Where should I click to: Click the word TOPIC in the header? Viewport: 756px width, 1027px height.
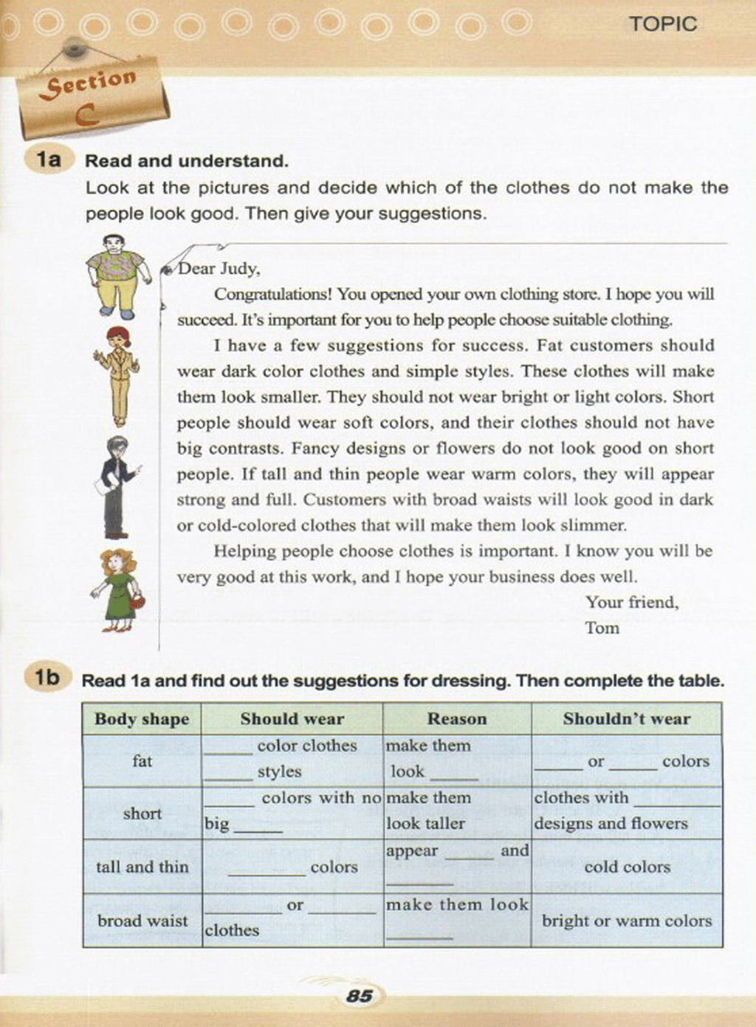(663, 24)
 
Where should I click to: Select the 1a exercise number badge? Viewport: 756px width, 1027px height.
(49, 160)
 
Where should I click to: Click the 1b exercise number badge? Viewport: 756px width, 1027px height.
(47, 678)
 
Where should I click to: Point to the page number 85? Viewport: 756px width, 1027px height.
(360, 996)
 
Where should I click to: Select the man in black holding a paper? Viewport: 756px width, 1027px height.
(116, 486)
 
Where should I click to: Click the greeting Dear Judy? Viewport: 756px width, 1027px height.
(219, 268)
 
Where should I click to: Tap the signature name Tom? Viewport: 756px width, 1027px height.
(602, 628)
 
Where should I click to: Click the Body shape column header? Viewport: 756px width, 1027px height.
(142, 719)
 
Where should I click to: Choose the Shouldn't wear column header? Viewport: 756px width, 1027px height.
(626, 719)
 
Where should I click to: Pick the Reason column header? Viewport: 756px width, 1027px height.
(457, 719)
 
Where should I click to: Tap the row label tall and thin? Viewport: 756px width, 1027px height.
(142, 867)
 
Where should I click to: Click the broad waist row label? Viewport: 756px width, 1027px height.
(142, 921)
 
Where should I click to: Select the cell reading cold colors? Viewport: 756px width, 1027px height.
(627, 867)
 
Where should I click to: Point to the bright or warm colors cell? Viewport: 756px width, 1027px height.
(627, 921)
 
